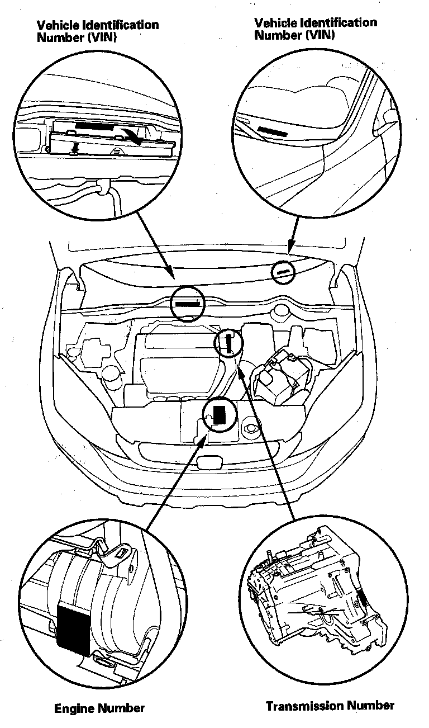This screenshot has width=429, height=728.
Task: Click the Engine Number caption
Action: tap(99, 708)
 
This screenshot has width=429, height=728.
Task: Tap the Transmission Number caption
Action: tap(330, 706)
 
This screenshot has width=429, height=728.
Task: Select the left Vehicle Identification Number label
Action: tap(97, 31)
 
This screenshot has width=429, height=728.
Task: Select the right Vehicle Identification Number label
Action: tap(316, 29)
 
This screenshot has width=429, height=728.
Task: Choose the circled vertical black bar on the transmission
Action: tap(229, 342)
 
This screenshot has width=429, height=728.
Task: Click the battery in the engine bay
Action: tap(279, 377)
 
